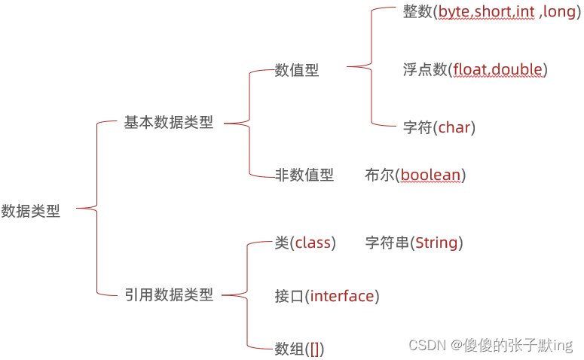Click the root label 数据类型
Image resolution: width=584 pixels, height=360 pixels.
click(x=31, y=212)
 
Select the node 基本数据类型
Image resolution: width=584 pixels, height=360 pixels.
click(x=169, y=123)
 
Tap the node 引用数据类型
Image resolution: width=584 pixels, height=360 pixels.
click(x=169, y=295)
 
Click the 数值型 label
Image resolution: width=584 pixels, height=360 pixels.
click(x=297, y=70)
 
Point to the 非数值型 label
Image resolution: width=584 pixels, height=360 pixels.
click(x=304, y=175)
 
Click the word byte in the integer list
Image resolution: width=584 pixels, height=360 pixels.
click(x=454, y=13)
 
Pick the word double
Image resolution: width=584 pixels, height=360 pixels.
click(x=518, y=70)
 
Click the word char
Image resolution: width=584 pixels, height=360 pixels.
click(x=454, y=127)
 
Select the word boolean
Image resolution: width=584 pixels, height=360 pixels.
click(x=430, y=175)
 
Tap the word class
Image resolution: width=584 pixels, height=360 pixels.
click(x=313, y=243)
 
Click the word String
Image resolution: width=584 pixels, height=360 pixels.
click(x=436, y=243)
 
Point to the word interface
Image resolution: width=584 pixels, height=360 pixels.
click(x=342, y=296)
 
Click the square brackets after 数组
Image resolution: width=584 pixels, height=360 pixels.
click(x=314, y=349)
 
